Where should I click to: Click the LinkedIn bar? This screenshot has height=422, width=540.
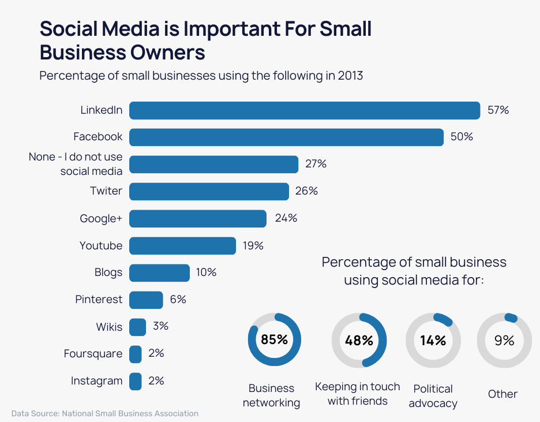click(305, 110)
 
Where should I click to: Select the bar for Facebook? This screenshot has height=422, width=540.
click(286, 137)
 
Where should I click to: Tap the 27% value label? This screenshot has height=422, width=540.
click(316, 164)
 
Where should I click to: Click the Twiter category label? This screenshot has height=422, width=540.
click(106, 191)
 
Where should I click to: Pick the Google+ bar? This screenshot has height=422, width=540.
click(198, 218)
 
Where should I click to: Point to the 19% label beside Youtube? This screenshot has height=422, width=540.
click(253, 245)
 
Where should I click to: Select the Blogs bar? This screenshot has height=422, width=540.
click(159, 272)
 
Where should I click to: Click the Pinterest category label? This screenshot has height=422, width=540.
click(99, 300)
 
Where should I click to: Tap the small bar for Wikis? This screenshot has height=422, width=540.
click(137, 327)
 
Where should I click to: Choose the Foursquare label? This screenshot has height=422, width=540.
click(93, 354)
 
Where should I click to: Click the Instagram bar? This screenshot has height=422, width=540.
click(135, 381)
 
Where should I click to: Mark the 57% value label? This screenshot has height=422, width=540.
click(498, 110)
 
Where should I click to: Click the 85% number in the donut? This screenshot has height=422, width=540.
click(274, 339)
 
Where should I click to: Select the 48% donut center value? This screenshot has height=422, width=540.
click(359, 341)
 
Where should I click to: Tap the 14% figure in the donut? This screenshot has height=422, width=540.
click(433, 341)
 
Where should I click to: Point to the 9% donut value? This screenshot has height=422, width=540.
click(504, 341)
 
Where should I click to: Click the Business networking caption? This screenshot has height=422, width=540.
click(271, 395)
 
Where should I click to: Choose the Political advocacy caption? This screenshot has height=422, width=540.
click(433, 396)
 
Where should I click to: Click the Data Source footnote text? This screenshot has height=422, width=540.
click(105, 413)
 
